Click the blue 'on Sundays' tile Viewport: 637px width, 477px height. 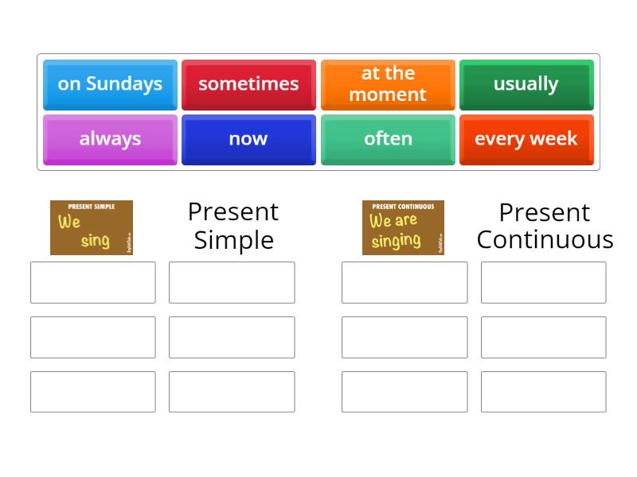pos(110,83)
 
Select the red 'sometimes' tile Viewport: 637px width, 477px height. pos(248,83)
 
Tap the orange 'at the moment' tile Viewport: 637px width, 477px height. pos(388,83)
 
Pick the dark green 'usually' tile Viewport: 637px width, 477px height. pos(526,83)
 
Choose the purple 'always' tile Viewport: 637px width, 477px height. pos(110,139)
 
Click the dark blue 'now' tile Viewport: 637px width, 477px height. pos(248,139)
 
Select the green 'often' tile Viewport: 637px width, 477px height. pos(388,139)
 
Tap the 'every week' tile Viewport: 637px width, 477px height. pos(526,139)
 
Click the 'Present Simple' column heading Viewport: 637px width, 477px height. pos(233,226)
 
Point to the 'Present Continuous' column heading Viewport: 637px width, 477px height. pos(545,226)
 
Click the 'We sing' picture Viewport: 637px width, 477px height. pos(92,227)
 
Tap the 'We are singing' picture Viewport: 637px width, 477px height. pos(403,227)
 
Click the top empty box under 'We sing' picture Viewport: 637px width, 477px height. pos(93,282)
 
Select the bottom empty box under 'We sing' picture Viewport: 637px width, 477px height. pos(93,392)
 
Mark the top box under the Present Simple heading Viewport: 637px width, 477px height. pos(232,282)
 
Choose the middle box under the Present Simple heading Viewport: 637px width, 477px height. pos(232,337)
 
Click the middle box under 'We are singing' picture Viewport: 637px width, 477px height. pos(404,337)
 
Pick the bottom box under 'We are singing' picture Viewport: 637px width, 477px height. pos(404,392)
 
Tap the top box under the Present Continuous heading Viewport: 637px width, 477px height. pos(543,282)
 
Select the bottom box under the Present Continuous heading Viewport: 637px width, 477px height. pos(543,392)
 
